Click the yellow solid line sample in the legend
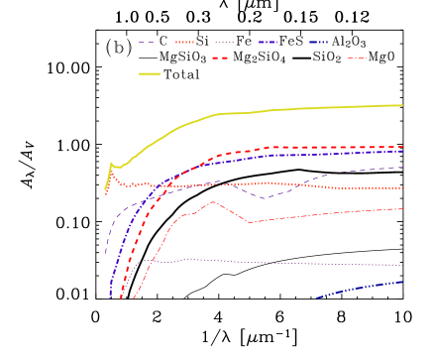(149, 73)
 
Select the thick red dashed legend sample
(220, 59)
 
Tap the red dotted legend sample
(184, 43)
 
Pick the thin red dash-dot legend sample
(357, 59)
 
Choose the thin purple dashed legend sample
(147, 43)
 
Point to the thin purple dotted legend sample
(225, 43)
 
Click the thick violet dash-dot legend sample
(268, 43)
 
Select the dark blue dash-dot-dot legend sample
(318, 43)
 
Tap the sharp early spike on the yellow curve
(111, 164)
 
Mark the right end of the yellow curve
(402, 104)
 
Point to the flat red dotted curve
(297, 184)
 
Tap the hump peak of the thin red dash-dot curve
(213, 202)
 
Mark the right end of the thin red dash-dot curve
(402, 208)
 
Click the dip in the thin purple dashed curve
(265, 198)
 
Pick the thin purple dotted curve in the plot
(297, 263)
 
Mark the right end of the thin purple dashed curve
(402, 168)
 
